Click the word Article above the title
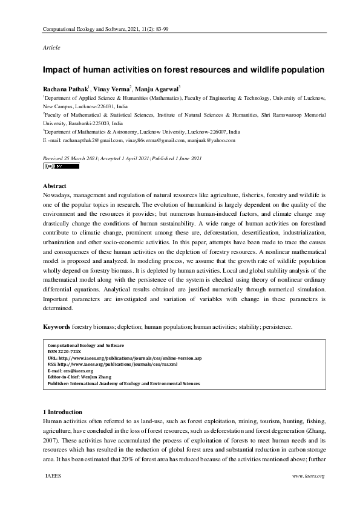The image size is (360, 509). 51,47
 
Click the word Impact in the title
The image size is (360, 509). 57,70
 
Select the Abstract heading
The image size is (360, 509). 54,186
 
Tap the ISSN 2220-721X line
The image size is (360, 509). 64,351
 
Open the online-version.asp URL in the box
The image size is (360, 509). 121,358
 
